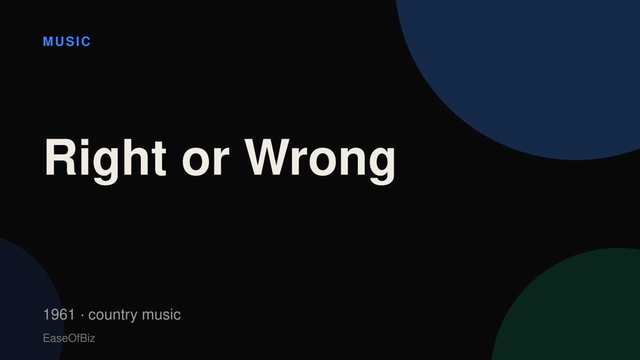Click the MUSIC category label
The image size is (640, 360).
67,42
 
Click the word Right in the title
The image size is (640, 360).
106,161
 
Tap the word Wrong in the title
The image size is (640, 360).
321,162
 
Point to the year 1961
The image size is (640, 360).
59,315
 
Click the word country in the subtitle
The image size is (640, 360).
113,315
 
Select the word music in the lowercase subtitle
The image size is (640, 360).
161,315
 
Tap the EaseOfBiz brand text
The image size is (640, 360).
69,338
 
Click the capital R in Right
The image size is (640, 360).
60,157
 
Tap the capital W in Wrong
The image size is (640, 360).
267,157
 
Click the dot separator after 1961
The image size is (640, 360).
82,315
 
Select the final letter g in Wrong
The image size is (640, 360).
383,166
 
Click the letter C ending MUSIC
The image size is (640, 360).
86,42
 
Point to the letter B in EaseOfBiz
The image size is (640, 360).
83,338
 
